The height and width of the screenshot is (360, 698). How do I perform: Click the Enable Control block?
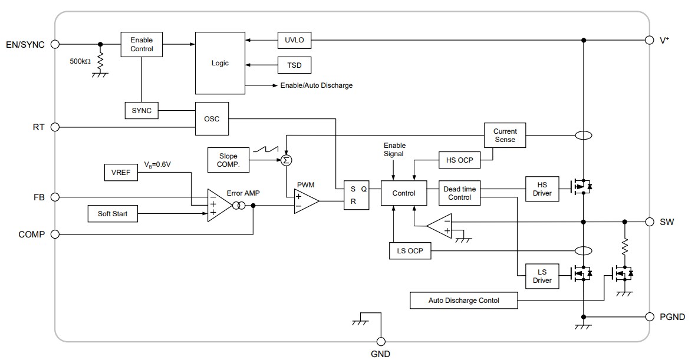[141, 44]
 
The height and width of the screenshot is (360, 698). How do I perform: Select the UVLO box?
[294, 41]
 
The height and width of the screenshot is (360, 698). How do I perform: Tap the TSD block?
[294, 65]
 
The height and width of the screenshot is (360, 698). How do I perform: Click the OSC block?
[212, 118]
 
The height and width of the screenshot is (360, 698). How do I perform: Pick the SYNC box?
[141, 110]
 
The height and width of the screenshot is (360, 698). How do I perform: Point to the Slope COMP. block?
[228, 160]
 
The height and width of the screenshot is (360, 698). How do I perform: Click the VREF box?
[120, 173]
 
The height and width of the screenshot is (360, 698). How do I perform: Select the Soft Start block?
[113, 213]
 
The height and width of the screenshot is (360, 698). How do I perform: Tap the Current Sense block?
[505, 136]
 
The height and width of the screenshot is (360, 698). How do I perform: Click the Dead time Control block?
[460, 193]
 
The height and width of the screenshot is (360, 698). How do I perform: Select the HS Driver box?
[542, 189]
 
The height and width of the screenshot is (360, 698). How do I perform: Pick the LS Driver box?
[542, 276]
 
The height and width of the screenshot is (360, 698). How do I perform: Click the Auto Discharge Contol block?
[463, 300]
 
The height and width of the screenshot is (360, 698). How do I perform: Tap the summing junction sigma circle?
[287, 160]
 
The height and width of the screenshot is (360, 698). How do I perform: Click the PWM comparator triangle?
[305, 202]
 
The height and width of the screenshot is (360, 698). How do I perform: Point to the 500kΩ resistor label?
[80, 61]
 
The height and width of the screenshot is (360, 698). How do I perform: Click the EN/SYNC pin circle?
[55, 44]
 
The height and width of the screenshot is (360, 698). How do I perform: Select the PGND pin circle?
[649, 317]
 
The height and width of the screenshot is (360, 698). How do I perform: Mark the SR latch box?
[353, 194]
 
